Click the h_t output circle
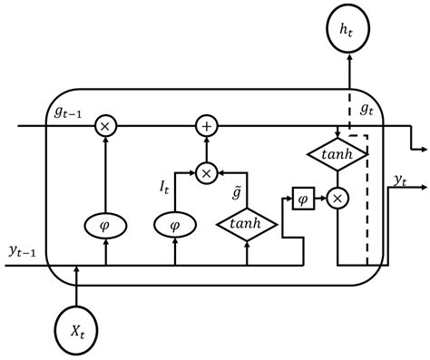pyautogui.click(x=349, y=31)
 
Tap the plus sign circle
pyautogui.click(x=207, y=127)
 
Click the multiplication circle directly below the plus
pyautogui.click(x=207, y=171)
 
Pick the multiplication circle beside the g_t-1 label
pyautogui.click(x=105, y=127)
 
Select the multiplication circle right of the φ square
pyautogui.click(x=337, y=197)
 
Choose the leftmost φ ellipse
pyautogui.click(x=105, y=223)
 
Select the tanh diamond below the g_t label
pyautogui.click(x=337, y=155)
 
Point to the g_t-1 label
pyautogui.click(x=66, y=112)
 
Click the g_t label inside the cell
pyautogui.click(x=367, y=111)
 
